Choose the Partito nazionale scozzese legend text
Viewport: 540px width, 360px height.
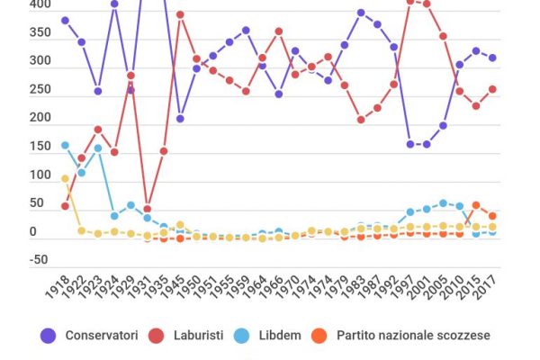[x=413, y=336]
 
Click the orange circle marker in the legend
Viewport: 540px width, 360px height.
[x=319, y=336]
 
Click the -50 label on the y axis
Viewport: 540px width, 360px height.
[x=13, y=260]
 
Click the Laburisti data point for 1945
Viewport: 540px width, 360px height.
[x=180, y=14]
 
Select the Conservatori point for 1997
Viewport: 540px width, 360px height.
[x=410, y=144]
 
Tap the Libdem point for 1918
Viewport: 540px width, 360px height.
[x=65, y=145]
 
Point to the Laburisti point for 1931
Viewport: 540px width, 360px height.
[x=148, y=209]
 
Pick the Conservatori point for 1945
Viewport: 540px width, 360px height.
[x=180, y=119]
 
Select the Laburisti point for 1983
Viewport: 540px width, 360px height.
[x=361, y=120]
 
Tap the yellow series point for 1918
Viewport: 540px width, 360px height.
[x=65, y=178]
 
